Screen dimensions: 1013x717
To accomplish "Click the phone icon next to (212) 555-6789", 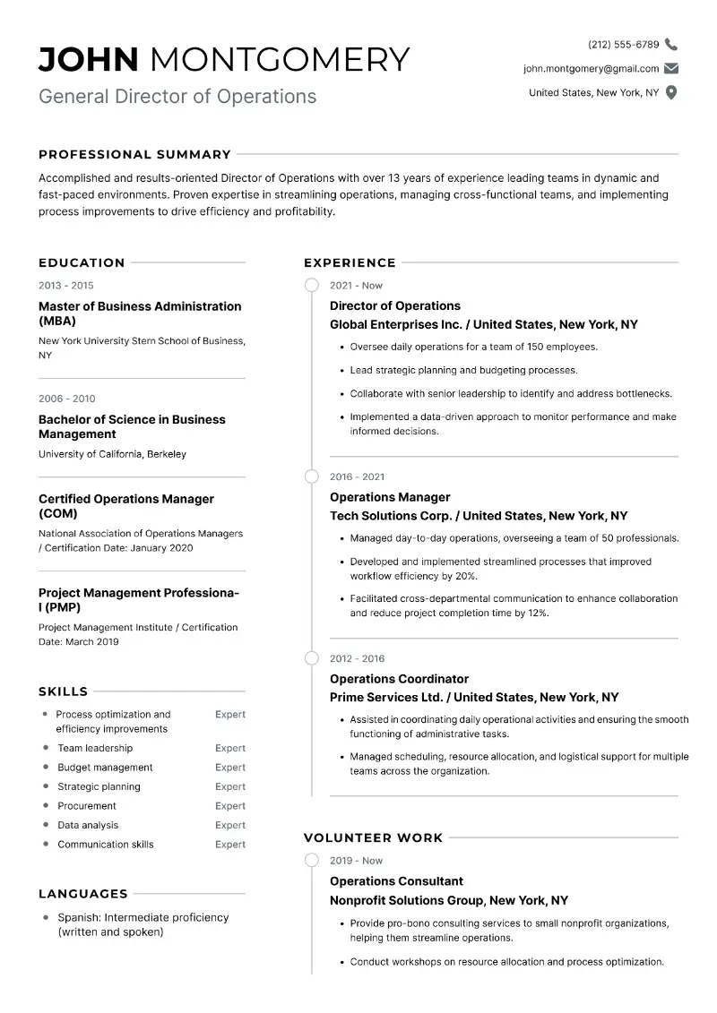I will click(671, 44).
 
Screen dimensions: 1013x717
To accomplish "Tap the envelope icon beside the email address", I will click(671, 68).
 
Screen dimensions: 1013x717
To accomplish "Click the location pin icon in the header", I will click(671, 92).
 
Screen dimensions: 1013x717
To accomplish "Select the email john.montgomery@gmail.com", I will click(591, 68).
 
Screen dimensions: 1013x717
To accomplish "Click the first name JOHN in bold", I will click(89, 59).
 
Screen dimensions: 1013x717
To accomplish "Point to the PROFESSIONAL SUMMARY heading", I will click(134, 154).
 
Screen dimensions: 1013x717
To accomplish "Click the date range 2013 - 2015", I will click(65, 286).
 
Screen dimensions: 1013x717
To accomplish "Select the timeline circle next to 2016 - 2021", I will click(312, 476).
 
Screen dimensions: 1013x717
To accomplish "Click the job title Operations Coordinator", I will click(399, 679).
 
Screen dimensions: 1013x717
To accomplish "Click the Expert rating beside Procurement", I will click(230, 806).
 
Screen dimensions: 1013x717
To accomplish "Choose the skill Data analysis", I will click(88, 825).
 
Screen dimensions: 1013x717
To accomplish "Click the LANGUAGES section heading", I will click(83, 894).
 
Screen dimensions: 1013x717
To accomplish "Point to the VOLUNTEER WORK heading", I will click(373, 838).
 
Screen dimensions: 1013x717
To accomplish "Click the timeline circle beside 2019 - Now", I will click(312, 861).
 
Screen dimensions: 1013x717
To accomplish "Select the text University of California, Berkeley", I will click(112, 454).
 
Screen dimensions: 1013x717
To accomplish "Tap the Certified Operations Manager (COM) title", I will click(126, 506).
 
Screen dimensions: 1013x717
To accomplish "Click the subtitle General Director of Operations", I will click(177, 96).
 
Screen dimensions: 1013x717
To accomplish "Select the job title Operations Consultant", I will click(396, 881).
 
